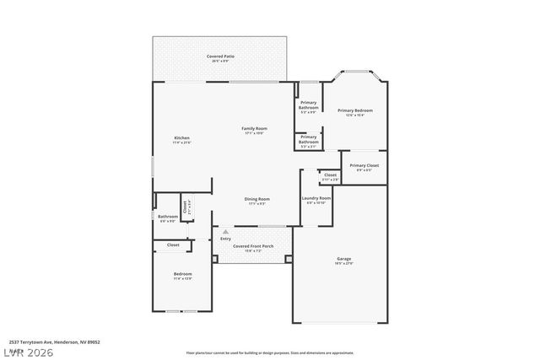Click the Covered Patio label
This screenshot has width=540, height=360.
(x=221, y=56)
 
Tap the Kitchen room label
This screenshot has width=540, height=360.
(x=181, y=137)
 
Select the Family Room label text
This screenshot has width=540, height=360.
(x=255, y=128)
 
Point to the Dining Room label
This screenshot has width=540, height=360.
(x=257, y=199)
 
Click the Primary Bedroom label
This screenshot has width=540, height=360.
(x=355, y=110)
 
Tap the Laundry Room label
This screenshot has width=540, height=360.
(x=316, y=198)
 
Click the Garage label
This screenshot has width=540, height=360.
(x=343, y=259)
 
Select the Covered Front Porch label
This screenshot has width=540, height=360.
(x=254, y=246)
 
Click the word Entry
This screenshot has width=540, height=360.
(x=225, y=239)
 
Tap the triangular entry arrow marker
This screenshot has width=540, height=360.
(x=225, y=231)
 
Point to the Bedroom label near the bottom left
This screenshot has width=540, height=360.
(x=183, y=274)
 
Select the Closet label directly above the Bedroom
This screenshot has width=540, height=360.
(x=173, y=244)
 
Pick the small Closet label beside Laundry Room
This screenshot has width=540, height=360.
(x=330, y=175)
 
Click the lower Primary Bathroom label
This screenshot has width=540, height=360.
(x=308, y=138)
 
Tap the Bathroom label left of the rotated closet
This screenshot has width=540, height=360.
(x=167, y=217)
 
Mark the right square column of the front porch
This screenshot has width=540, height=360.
(x=288, y=259)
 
